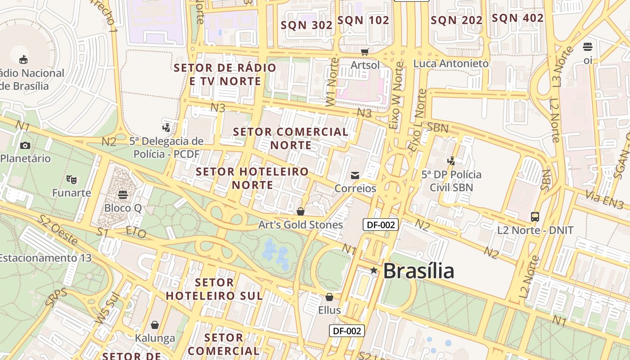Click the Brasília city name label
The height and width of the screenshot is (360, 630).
pos(418,271)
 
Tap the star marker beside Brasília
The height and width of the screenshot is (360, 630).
pos(373,270)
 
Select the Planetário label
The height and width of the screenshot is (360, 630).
pos(26,158)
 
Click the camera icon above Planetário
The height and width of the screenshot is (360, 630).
pos(25,145)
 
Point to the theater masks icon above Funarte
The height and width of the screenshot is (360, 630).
pos(71,180)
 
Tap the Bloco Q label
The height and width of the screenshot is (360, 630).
pos(123,208)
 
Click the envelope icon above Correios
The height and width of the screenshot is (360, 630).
pos(355,175)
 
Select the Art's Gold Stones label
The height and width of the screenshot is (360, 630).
pos(301,225)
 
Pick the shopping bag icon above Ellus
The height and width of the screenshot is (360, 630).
pos(329,297)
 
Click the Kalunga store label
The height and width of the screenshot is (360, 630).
pos(155,338)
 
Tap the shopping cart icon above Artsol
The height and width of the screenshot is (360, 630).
pos(365,52)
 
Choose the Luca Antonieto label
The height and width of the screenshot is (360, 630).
pos(451,63)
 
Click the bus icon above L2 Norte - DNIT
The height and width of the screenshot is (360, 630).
pos(535,217)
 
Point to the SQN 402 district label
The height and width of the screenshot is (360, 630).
pos(517,18)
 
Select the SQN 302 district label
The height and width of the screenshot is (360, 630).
pos(306,25)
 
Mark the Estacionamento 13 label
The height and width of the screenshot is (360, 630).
pos(45,258)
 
